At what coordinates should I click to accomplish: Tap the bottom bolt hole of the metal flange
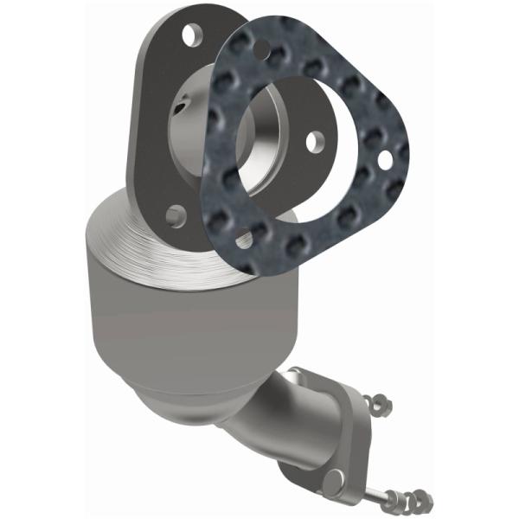pos(176,213)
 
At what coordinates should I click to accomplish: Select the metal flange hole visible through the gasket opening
pos(316,138)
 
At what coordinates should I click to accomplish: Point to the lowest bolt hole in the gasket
pos(244,240)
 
